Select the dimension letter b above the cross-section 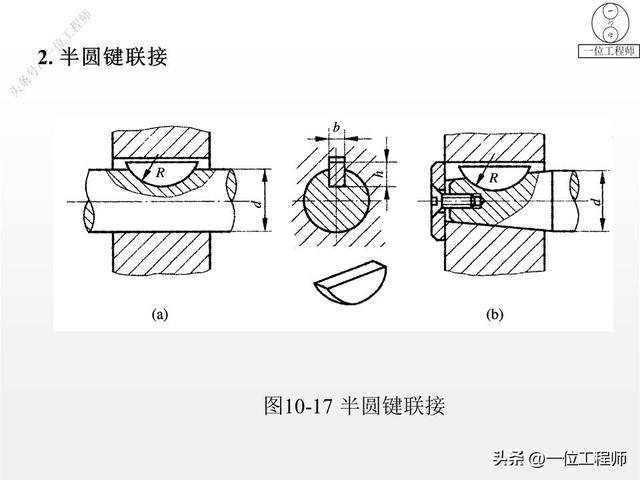click(336, 128)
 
